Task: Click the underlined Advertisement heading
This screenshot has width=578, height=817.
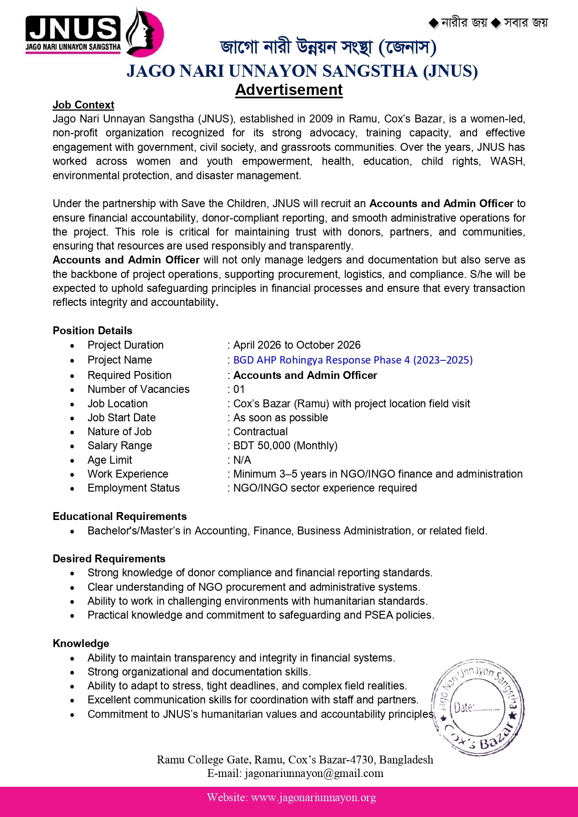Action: (289, 90)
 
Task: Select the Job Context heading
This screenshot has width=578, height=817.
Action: (83, 105)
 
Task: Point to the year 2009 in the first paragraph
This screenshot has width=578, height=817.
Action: (321, 119)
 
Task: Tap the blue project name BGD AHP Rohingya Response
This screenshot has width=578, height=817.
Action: (353, 360)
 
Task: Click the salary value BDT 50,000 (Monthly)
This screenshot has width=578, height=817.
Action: (285, 446)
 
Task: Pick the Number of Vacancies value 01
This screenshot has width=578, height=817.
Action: (239, 390)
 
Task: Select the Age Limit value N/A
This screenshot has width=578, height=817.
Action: (242, 460)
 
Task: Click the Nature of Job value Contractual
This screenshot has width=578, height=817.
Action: (260, 432)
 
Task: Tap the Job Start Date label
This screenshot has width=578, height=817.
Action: (122, 418)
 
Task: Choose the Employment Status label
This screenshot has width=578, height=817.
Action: (134, 488)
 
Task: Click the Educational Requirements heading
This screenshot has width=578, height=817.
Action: (120, 517)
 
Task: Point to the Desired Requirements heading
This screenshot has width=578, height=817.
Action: (109, 559)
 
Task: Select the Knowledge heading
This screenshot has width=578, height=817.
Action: (81, 644)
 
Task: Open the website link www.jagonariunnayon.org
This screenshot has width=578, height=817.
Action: (313, 798)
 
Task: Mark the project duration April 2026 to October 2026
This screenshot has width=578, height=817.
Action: (297, 345)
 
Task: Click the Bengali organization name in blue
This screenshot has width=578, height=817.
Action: (328, 47)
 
